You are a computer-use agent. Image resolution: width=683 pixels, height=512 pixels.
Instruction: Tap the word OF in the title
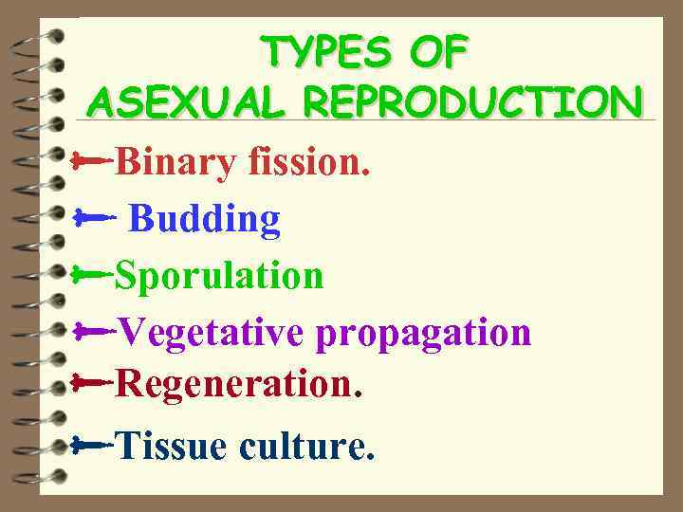point(438,52)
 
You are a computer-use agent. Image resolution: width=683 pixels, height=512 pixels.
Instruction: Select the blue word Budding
point(204,219)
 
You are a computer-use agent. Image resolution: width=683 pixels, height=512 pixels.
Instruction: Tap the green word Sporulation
point(219,275)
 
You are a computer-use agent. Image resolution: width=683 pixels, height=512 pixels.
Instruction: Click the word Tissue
point(172,444)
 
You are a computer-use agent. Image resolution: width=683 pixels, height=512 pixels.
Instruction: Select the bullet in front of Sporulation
point(92,275)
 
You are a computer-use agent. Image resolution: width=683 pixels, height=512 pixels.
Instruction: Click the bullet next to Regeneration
point(92,384)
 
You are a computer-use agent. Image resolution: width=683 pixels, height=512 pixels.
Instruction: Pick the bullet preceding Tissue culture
point(92,442)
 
